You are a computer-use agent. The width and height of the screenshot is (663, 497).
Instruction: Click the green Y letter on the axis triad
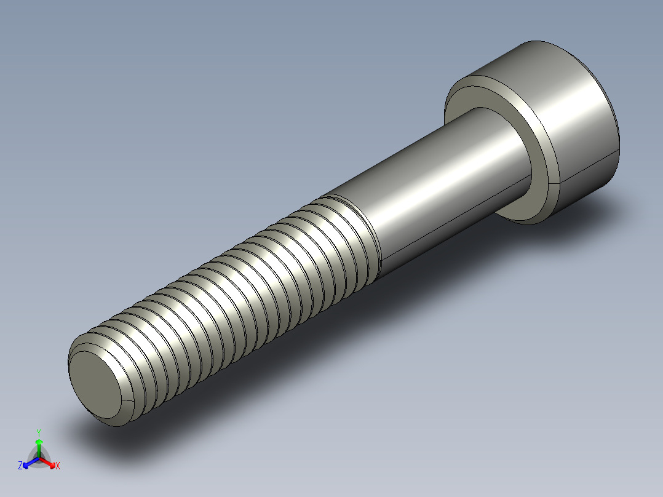point(39,432)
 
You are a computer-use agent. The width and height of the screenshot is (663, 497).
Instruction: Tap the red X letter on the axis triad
point(57,466)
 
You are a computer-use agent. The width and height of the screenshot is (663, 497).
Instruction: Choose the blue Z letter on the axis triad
point(20,466)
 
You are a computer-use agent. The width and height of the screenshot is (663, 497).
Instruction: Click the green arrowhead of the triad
point(39,442)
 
